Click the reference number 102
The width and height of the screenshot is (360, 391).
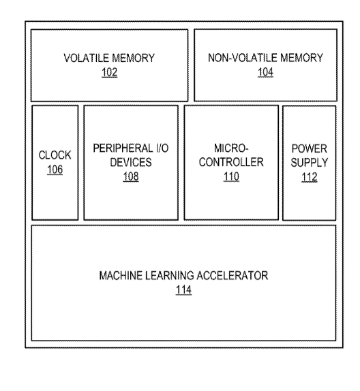point(109,72)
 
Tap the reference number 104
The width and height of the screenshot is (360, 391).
point(265,72)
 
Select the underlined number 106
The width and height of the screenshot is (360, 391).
point(55,170)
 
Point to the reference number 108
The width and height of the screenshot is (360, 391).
point(131,176)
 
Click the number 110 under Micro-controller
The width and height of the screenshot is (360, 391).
point(231,176)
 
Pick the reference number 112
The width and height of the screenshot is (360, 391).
point(310,177)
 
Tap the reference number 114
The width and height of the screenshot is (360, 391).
point(183,290)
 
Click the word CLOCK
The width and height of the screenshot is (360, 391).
point(55,155)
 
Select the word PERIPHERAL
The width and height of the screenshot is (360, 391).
point(122,148)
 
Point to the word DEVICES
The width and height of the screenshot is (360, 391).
point(131,162)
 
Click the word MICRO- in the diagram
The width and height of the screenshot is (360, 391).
point(231,148)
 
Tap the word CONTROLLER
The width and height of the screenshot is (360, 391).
point(231,162)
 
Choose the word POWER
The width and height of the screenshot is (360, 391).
point(310,149)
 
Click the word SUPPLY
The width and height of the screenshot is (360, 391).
point(310,163)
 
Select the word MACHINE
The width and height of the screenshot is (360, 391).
point(121,276)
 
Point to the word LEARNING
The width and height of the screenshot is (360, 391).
point(169,276)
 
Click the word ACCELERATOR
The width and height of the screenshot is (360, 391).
point(232,276)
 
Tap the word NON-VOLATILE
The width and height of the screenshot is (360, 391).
point(243,58)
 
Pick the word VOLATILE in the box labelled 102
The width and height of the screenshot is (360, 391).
point(87,59)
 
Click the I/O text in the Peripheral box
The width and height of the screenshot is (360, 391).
point(162,148)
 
